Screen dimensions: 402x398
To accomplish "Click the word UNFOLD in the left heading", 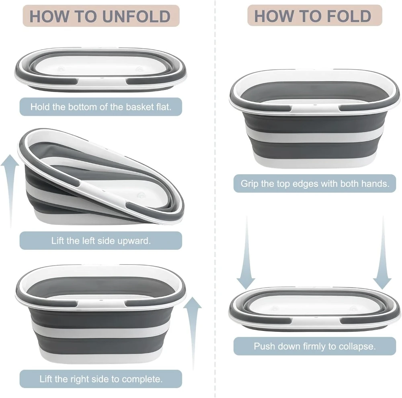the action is [x=136, y=16].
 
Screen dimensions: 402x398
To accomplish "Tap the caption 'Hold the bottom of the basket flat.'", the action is [x=101, y=107].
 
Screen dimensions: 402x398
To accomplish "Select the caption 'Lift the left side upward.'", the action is [x=101, y=241].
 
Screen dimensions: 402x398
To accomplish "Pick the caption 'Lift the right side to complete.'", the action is [x=101, y=379].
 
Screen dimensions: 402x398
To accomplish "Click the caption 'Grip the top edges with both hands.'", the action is [x=315, y=184].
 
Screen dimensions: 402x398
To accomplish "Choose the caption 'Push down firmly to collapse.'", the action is [x=315, y=346].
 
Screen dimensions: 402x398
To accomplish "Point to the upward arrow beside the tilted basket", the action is [x=10, y=191].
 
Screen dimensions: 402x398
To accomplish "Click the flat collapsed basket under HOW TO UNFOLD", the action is [x=101, y=69].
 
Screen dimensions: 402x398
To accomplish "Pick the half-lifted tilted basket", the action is [x=101, y=177].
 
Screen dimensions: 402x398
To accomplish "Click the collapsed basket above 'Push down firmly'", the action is [x=314, y=308].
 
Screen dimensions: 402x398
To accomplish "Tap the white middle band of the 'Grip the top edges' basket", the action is [x=315, y=138].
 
